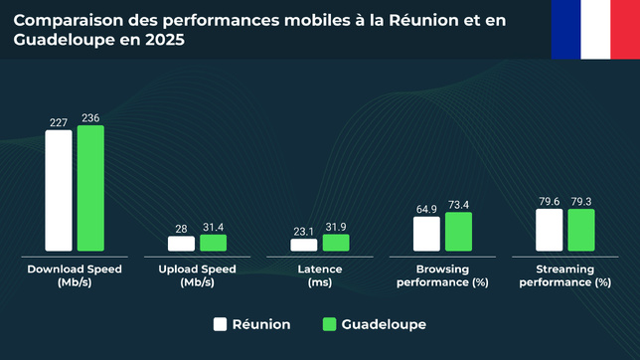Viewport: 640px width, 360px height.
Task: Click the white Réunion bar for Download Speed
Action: [59, 190]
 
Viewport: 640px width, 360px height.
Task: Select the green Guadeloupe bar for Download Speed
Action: [90, 188]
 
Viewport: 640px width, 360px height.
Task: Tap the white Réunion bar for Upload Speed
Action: [181, 243]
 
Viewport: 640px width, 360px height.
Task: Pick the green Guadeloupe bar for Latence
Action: [336, 242]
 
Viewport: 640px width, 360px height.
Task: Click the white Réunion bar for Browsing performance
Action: [426, 233]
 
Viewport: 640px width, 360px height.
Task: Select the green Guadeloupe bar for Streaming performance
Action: [580, 230]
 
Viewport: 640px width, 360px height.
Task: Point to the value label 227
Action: [59, 123]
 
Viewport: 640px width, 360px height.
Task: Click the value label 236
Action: [90, 118]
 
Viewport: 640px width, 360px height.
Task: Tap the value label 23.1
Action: [304, 232]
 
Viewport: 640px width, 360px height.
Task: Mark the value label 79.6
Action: [549, 202]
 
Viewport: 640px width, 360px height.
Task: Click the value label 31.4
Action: [213, 228]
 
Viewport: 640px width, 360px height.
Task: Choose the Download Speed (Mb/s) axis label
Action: [62, 275]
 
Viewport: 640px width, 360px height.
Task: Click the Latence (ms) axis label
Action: [320, 275]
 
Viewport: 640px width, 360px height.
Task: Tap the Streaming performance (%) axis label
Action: [564, 275]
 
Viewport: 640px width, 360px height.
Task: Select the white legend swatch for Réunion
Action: [221, 324]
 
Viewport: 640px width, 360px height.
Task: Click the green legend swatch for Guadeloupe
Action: [331, 324]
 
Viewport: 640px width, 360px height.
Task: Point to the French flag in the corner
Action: [595, 29]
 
